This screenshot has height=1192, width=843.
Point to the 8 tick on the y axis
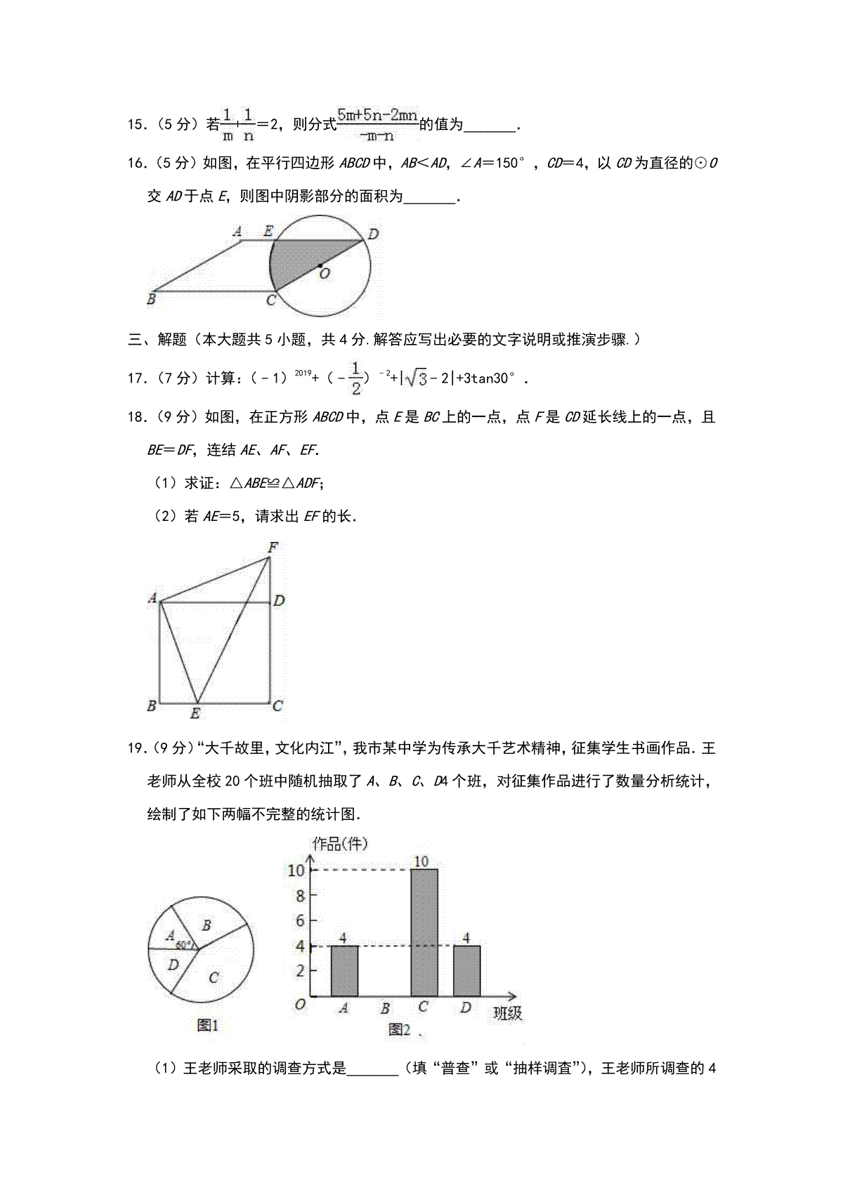(x=301, y=896)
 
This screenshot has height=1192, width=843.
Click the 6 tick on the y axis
(x=301, y=921)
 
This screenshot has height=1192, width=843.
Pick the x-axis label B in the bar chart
(x=385, y=1009)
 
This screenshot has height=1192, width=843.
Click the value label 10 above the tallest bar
(x=421, y=861)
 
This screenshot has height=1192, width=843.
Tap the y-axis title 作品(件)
(x=339, y=844)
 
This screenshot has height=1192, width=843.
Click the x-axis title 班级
(x=507, y=1013)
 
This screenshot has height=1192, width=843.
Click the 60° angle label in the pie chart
(x=184, y=945)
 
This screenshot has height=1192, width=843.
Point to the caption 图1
(x=207, y=1026)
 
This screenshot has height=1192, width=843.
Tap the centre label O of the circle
(x=325, y=274)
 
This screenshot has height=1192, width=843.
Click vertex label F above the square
(x=273, y=547)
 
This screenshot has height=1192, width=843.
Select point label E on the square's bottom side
(x=195, y=714)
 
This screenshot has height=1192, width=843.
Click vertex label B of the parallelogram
(x=151, y=299)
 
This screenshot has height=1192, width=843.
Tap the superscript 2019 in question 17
(x=303, y=373)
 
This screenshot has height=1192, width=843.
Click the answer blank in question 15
(x=490, y=126)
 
